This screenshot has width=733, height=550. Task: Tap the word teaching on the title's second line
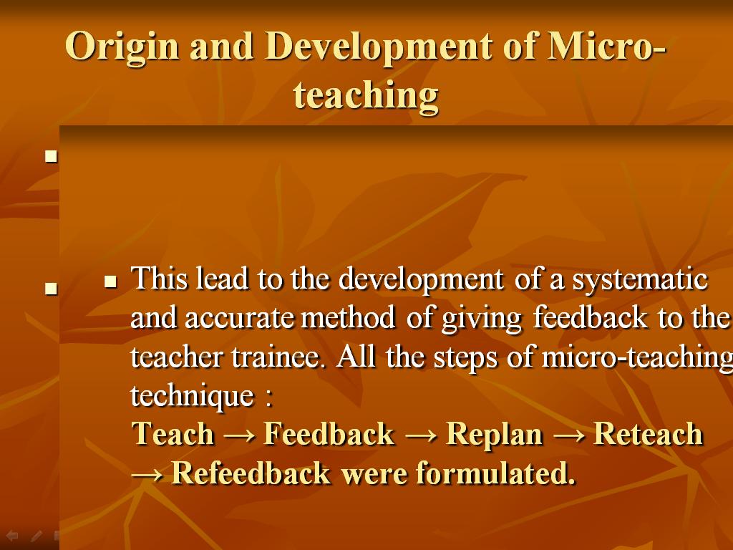pos(366,96)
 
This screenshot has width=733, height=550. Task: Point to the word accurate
pos(239,319)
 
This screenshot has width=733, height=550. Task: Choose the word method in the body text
pos(348,318)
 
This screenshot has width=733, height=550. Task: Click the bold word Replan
pos(495,435)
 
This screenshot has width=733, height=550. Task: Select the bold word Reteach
pos(649,433)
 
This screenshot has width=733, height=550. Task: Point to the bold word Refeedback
pos(251,473)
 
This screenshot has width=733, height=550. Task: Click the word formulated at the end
pos(495,473)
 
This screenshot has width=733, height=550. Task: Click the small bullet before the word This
pos(110,281)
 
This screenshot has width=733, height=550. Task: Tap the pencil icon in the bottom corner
pos(37,536)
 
